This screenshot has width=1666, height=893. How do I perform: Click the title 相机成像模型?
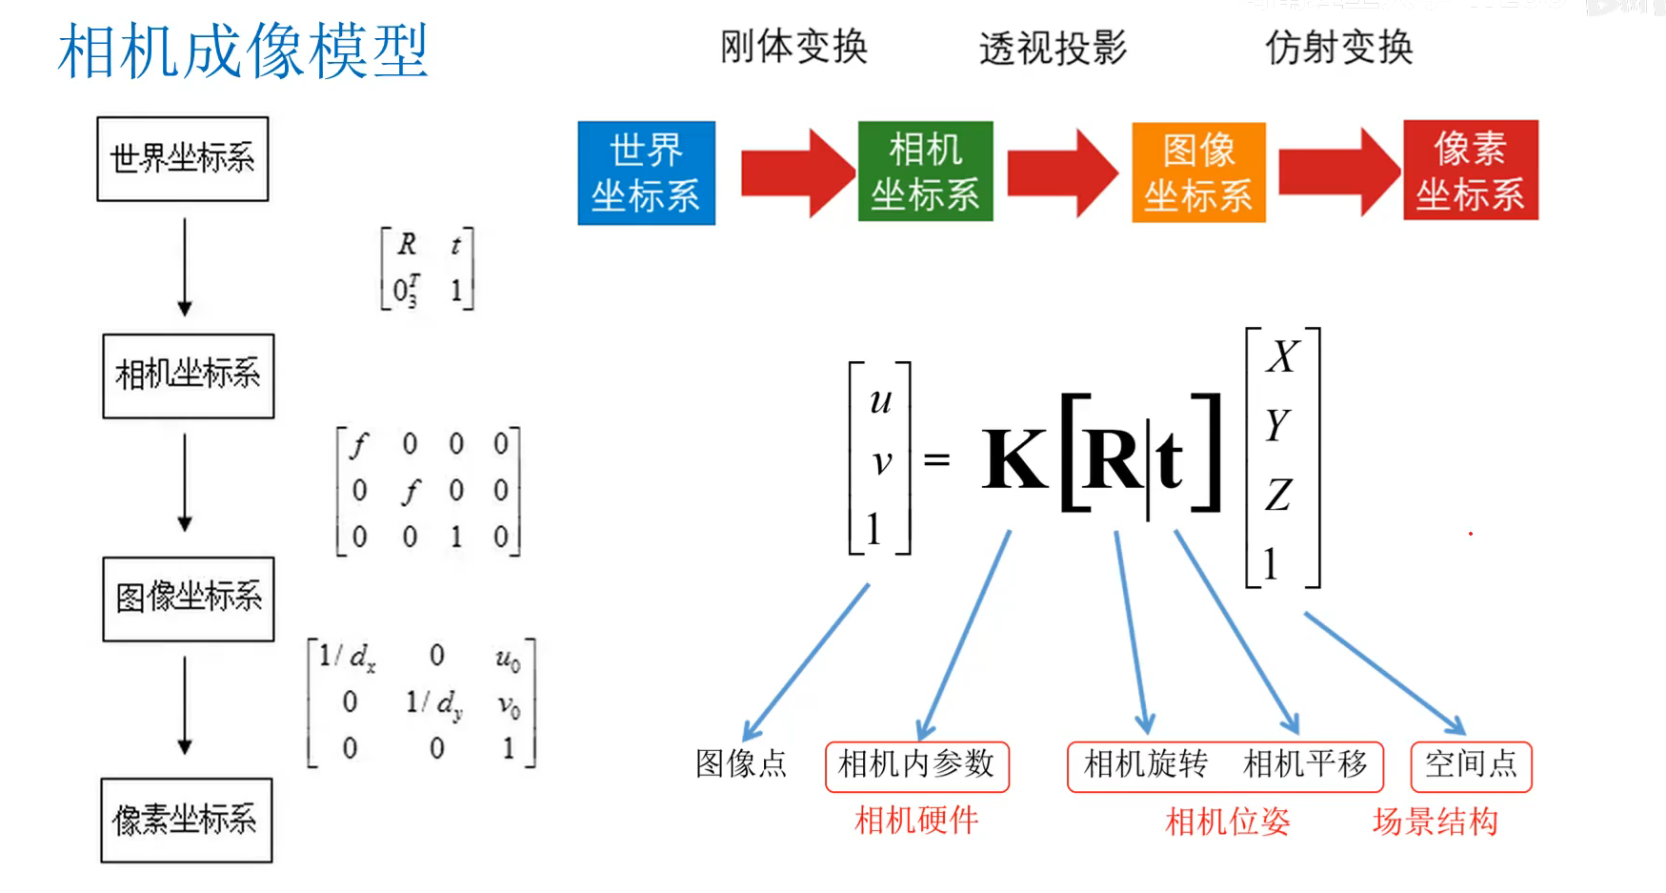pyautogui.click(x=243, y=51)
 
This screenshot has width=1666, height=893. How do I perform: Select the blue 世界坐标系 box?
pyautogui.click(x=646, y=173)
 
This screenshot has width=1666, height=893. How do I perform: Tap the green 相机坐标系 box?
pyautogui.click(x=925, y=173)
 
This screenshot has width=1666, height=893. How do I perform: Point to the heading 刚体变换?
pyautogui.click(x=793, y=47)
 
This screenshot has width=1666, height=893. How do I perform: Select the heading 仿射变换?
pyautogui.click(x=1338, y=47)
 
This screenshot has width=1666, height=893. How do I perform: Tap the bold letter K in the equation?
pyautogui.click(x=1015, y=460)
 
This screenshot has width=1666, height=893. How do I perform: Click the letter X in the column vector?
pyautogui.click(x=1282, y=357)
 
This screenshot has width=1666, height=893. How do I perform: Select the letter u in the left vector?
pyautogui.click(x=881, y=401)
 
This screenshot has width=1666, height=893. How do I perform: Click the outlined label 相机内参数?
pyautogui.click(x=916, y=765)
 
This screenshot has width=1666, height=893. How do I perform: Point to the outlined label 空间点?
pyautogui.click(x=1471, y=765)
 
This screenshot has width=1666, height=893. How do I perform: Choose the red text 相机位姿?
pyautogui.click(x=1227, y=822)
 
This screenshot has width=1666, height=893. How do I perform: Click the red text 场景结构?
pyautogui.click(x=1435, y=822)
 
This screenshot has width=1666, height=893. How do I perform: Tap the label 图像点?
pyautogui.click(x=741, y=764)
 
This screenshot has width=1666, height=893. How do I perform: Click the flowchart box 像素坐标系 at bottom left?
pyautogui.click(x=186, y=821)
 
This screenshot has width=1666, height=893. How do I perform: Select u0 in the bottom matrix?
pyautogui.click(x=508, y=659)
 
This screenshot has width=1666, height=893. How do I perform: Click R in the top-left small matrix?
pyautogui.click(x=407, y=245)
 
